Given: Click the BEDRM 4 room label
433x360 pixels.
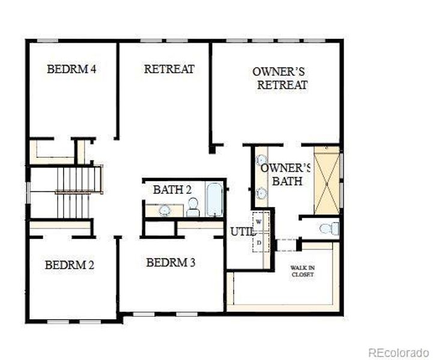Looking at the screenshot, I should pyautogui.click(x=71, y=69).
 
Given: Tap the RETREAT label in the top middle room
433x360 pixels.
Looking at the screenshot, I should pyautogui.click(x=169, y=69).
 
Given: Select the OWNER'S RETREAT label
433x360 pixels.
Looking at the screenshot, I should pyautogui.click(x=280, y=78).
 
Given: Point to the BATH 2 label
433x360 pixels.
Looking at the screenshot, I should pyautogui.click(x=172, y=190).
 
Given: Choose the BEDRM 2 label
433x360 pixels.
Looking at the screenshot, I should pyautogui.click(x=69, y=265).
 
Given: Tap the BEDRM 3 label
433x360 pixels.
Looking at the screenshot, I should pyautogui.click(x=171, y=263).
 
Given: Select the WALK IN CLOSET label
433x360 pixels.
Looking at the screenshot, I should pyautogui.click(x=303, y=271).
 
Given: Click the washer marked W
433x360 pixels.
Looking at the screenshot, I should pyautogui.click(x=259, y=221).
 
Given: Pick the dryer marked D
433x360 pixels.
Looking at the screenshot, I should pyautogui.click(x=259, y=242).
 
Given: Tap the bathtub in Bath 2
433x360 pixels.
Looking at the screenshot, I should pyautogui.click(x=214, y=200).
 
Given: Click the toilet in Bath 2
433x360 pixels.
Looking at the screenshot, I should pyautogui.click(x=193, y=207).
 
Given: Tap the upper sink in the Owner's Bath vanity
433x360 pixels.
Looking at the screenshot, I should pyautogui.click(x=261, y=160).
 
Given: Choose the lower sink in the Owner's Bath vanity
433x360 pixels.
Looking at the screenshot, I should pyautogui.click(x=261, y=193).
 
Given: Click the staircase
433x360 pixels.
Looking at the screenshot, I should pyautogui.click(x=78, y=191).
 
